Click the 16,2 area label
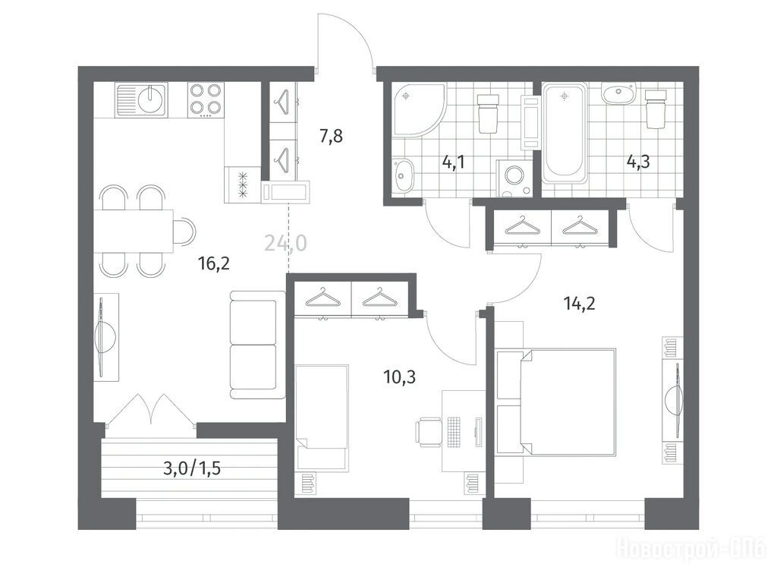tap(213, 263)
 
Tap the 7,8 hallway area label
tap(331, 135)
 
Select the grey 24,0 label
tap(285, 243)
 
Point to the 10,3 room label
tap(399, 377)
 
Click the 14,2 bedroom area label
tap(579, 302)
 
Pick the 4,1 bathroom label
tap(454, 162)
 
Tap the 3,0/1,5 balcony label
tap(192, 468)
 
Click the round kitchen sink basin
tap(151, 99)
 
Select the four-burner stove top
tap(206, 99)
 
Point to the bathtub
tap(565, 132)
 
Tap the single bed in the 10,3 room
tap(322, 418)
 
